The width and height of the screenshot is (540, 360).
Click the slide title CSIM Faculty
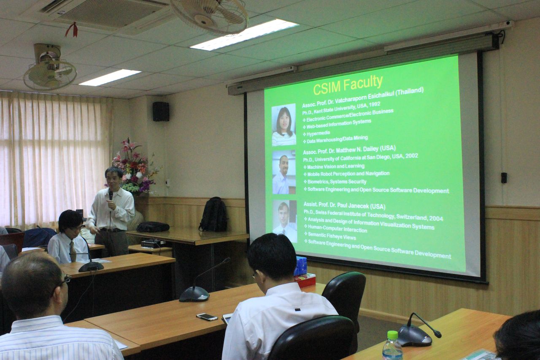pyautogui.click(x=348, y=85)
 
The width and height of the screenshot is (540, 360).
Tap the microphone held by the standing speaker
pyautogui.click(x=111, y=195)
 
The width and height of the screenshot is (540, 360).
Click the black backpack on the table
pyautogui.click(x=213, y=214)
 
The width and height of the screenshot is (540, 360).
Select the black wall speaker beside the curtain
pyautogui.click(x=161, y=111)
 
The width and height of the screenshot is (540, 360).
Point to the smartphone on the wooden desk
pyautogui.click(x=207, y=317)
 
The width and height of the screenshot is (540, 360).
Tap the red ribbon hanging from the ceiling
pyautogui.click(x=72, y=30)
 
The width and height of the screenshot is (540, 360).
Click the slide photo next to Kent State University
pyautogui.click(x=284, y=125)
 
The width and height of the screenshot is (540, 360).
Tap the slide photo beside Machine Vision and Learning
pyautogui.click(x=284, y=172)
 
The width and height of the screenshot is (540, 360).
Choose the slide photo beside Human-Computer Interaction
pyautogui.click(x=285, y=221)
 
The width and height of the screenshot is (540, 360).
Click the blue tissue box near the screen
pyautogui.click(x=300, y=266)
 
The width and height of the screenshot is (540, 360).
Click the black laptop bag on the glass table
pyautogui.click(x=153, y=227)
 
